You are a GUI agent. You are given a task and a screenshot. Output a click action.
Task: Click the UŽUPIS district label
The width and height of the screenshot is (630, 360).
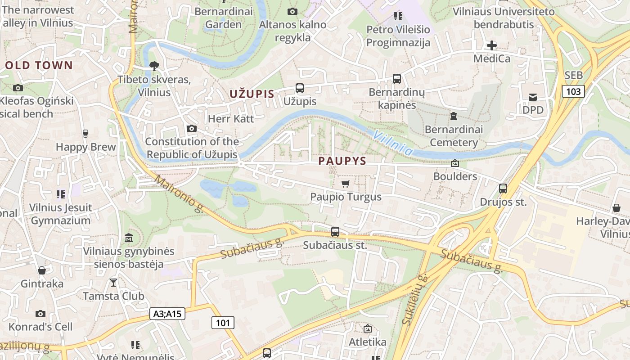pos(252,94)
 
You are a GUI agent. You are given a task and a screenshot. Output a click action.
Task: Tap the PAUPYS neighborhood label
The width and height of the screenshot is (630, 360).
pos(342,161)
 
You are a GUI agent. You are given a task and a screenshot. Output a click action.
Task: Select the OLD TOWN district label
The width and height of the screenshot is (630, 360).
pos(39,65)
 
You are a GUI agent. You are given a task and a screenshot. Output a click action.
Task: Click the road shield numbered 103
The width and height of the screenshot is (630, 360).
pos(573,91)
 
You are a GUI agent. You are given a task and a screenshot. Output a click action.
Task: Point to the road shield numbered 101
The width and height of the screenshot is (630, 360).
pos(223,323)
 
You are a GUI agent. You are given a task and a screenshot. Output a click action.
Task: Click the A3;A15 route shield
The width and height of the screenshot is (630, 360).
pos(167,314)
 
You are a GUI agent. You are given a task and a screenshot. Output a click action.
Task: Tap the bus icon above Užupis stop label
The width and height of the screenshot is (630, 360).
pos(300,88)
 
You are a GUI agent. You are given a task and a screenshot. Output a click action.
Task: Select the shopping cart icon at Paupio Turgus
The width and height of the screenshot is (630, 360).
pos(345,184)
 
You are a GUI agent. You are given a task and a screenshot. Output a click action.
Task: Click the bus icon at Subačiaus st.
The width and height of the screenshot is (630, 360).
pos(335,232)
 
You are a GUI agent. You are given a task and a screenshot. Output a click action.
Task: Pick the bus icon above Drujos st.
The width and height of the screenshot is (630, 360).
pos(503,189)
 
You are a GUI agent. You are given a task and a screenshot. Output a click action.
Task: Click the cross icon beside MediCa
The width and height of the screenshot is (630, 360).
pos(492,45)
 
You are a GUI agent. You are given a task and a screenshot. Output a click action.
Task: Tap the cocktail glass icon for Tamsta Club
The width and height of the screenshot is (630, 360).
pos(113,283)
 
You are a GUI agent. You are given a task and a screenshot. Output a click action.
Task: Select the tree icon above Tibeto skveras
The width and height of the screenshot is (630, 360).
pos(154,66)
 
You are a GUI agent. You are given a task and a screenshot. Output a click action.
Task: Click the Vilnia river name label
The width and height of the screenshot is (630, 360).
pos(392,143)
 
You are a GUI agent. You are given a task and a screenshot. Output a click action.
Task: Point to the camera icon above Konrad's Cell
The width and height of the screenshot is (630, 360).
pos(40,314)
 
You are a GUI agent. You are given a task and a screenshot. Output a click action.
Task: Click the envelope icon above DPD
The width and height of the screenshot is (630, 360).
pos(533,97)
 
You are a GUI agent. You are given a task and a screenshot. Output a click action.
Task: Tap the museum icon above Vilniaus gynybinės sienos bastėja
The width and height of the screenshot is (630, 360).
pos(129,238)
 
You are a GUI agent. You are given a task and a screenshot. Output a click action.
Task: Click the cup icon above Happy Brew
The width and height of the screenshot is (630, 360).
pos(85,133)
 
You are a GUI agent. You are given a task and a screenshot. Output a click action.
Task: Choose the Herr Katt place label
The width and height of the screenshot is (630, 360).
pos(231,119)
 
